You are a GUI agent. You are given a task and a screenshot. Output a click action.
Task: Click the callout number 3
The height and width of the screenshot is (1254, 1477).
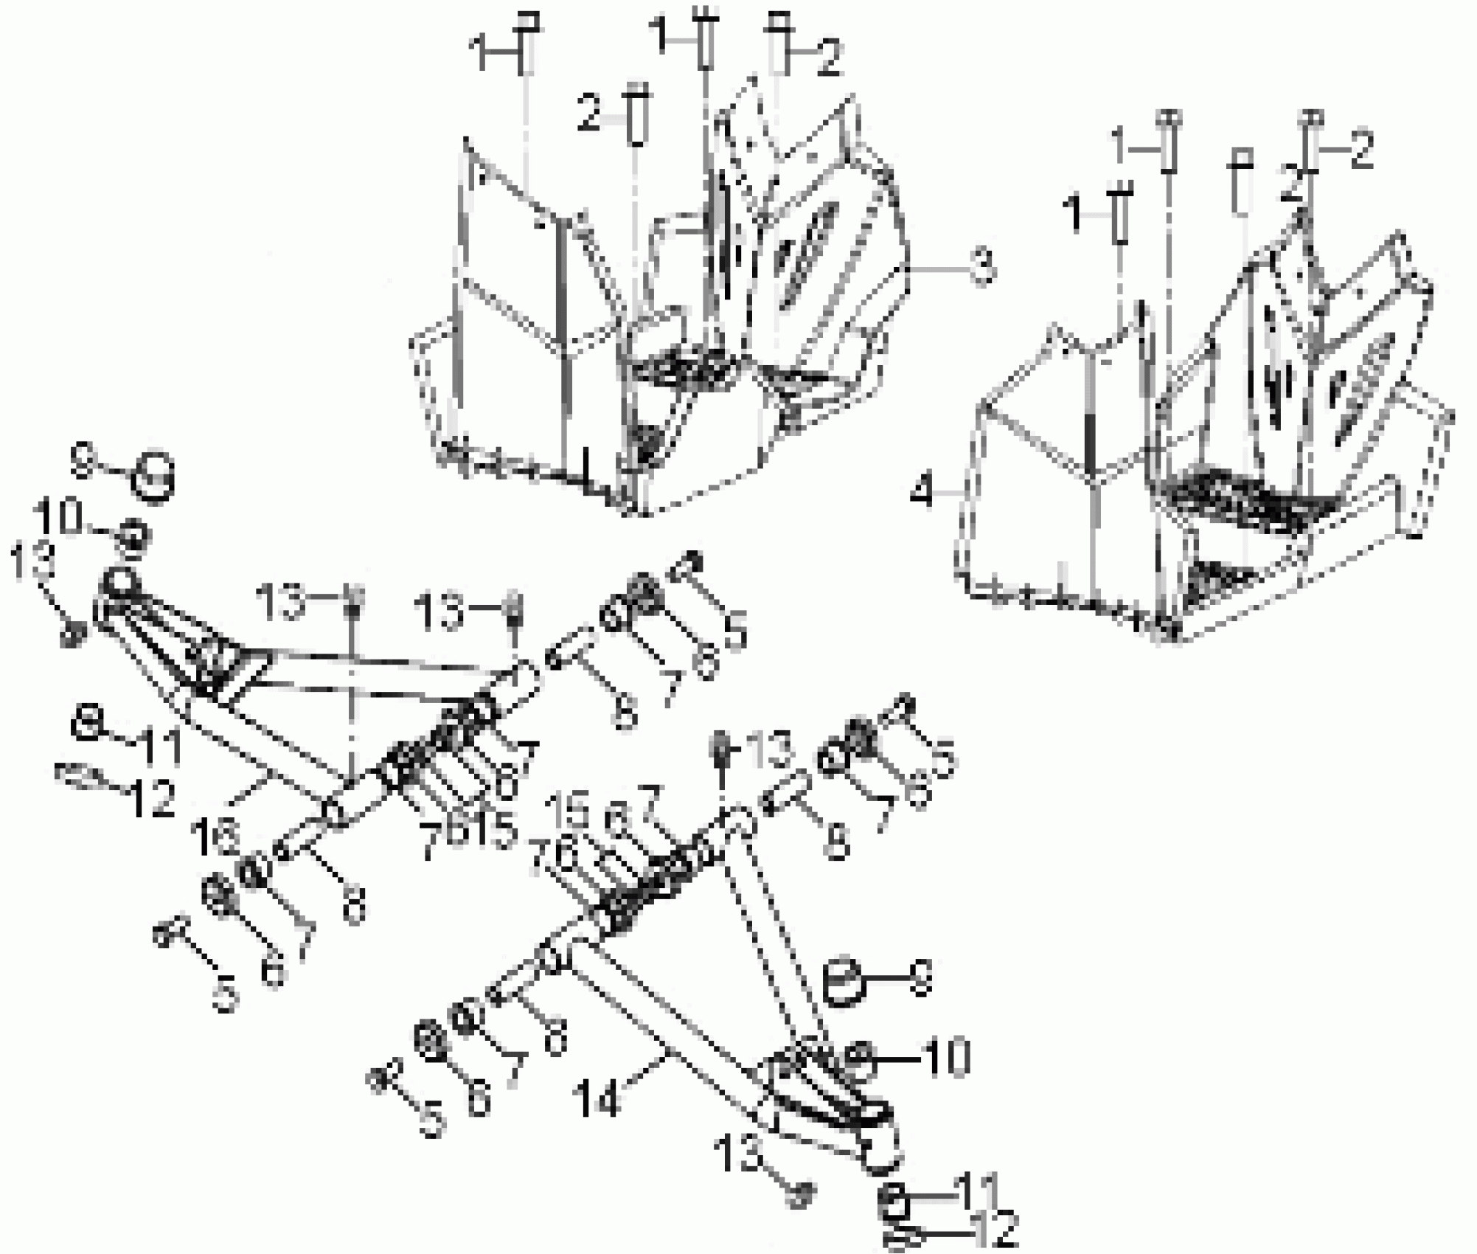click(981, 267)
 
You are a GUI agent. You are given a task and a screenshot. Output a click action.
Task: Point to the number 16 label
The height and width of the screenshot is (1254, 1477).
click(214, 837)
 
